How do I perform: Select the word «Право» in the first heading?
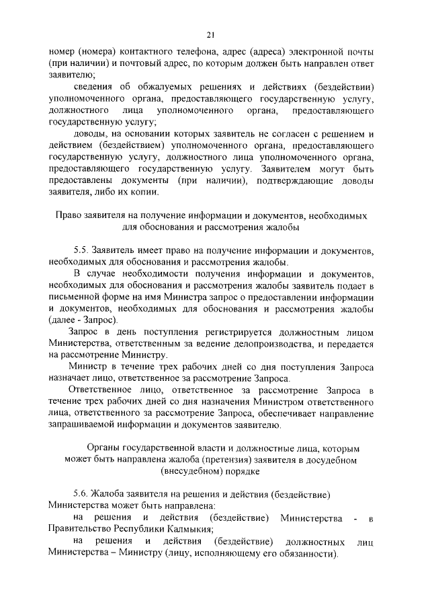(67, 216)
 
